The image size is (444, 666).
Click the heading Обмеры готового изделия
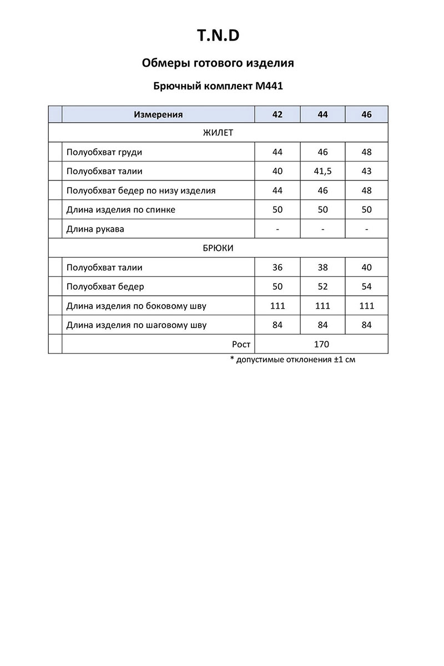point(218,63)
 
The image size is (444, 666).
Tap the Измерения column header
point(158,115)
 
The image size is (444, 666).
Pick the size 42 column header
point(277,115)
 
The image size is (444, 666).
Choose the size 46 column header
point(366,115)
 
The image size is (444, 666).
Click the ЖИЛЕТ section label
point(218,133)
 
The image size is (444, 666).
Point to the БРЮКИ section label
point(218,248)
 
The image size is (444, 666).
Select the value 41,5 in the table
point(322,171)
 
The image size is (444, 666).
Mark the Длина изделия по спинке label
point(121,210)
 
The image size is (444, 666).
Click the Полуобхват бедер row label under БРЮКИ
point(105,287)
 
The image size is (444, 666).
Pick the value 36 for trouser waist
point(277,268)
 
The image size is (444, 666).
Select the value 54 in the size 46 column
point(366,287)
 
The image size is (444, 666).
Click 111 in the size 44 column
point(322,306)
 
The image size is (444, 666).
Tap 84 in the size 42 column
point(277,325)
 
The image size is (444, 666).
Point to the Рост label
point(241,345)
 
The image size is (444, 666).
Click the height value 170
point(321,345)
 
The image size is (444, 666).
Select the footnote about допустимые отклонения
point(292,360)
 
